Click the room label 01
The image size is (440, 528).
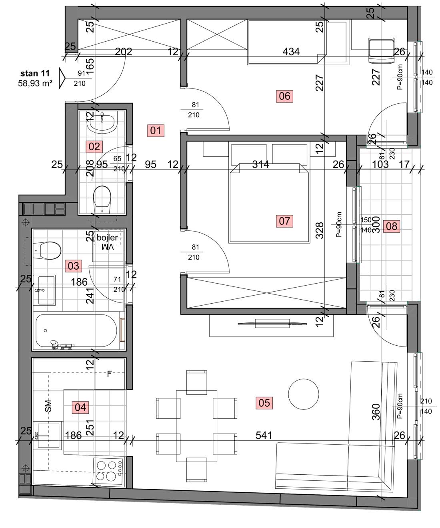[x=156, y=131]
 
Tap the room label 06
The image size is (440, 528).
[x=284, y=96]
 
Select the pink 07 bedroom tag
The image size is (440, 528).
[x=284, y=221]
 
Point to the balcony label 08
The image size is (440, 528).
[x=392, y=226]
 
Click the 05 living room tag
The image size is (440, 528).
[x=264, y=403]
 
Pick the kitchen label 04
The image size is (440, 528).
[x=80, y=407]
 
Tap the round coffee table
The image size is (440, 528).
[x=303, y=394]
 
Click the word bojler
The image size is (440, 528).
[x=107, y=238]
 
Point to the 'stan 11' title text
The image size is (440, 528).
[x=35, y=73]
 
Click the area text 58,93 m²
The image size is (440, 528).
[x=35, y=83]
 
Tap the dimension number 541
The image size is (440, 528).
[x=264, y=435]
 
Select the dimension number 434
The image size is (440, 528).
[x=291, y=52]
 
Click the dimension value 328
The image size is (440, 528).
[x=320, y=230]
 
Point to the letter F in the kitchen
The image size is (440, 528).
[x=109, y=374]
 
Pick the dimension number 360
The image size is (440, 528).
[x=376, y=412]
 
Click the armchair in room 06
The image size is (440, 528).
[x=382, y=50]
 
